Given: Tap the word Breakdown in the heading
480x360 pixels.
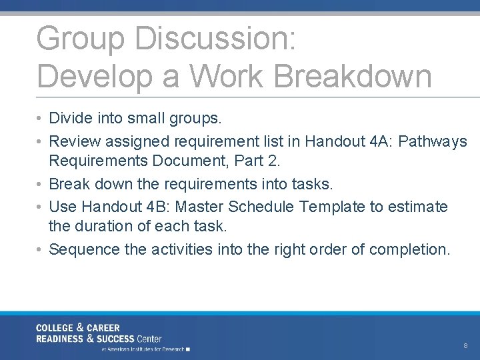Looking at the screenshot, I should coord(353,75).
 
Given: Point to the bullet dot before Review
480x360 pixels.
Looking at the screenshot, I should coord(41,141).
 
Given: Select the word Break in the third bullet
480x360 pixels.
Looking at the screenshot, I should coord(71,183).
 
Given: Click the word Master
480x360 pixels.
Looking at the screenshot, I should coord(200,207).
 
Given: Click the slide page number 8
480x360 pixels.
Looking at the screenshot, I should coord(465,346).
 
